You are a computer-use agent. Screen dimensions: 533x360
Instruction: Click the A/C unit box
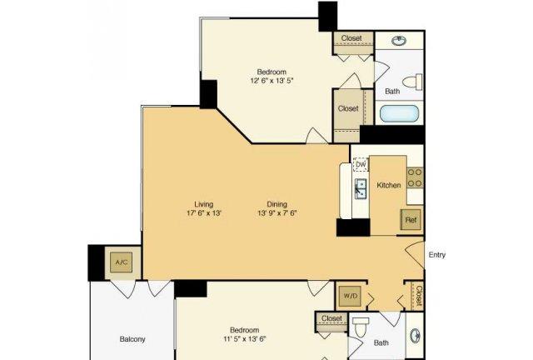tap(121, 262)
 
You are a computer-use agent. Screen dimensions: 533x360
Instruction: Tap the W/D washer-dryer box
tap(350, 296)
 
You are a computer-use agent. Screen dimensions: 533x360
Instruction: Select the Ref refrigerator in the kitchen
tap(411, 220)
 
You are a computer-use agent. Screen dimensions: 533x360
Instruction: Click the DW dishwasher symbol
tap(361, 165)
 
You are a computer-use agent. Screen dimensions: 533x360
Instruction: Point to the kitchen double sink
tap(361, 188)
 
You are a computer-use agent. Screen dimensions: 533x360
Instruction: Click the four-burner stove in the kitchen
tap(415, 177)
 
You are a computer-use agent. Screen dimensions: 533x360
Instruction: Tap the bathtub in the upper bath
tap(399, 113)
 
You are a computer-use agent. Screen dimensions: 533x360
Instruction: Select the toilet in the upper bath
tap(412, 82)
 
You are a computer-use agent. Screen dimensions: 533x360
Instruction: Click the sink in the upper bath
tap(399, 41)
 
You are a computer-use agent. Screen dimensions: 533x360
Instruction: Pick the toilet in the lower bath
tap(361, 327)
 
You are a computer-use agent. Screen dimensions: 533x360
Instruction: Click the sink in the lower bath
tap(416, 336)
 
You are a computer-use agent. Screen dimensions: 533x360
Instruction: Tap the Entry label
tap(437, 255)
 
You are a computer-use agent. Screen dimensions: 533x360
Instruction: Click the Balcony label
tap(132, 339)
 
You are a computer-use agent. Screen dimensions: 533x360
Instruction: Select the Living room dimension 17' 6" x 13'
tap(204, 213)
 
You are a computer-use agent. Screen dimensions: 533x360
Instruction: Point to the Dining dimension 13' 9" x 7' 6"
tap(277, 213)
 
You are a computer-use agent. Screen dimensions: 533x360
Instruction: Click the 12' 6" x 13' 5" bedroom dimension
tap(271, 81)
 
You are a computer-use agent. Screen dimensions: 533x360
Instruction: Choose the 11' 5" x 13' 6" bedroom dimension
tap(244, 339)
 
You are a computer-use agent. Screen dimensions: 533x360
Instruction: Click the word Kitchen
tap(389, 185)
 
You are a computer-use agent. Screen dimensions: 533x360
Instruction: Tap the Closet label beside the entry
tap(419, 295)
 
